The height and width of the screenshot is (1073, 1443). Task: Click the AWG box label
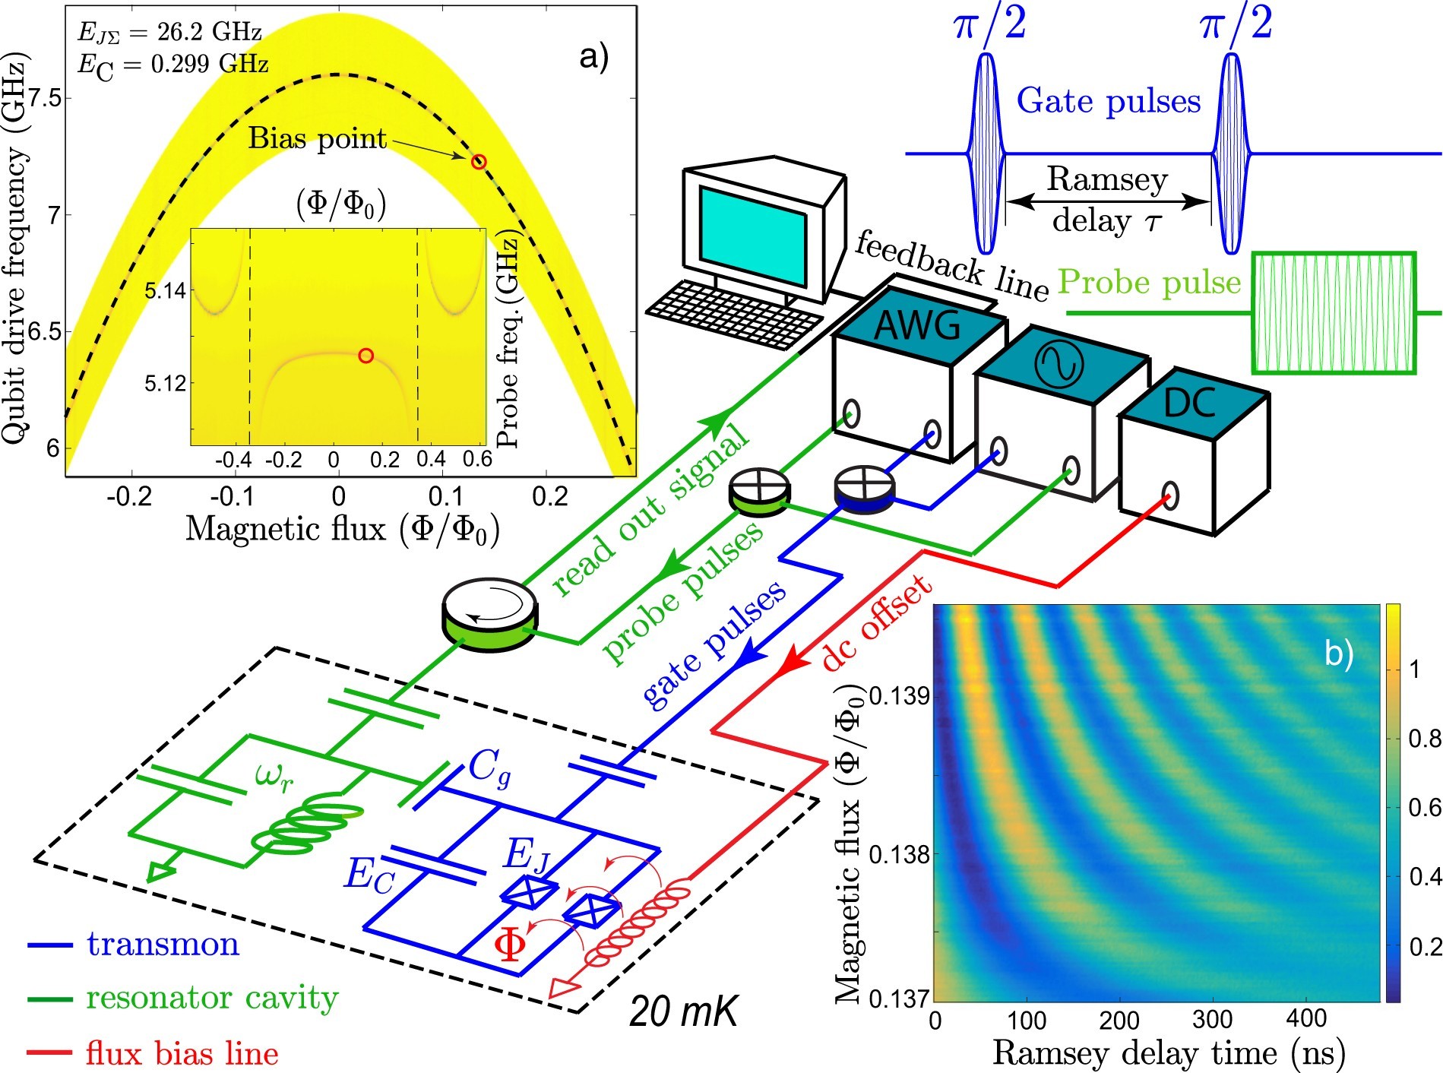point(917,326)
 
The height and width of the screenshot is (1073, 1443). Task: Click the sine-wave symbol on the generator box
point(1059,363)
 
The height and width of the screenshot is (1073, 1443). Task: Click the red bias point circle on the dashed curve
point(478,161)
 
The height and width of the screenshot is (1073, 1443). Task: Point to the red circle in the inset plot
point(366,355)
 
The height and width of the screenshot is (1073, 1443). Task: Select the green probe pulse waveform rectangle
point(1334,313)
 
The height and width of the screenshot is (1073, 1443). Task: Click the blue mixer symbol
point(864,486)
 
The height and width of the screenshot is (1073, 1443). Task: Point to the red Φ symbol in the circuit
point(509,945)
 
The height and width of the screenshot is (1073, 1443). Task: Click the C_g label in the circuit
point(489,768)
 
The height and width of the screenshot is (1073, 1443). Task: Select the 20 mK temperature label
point(683,1011)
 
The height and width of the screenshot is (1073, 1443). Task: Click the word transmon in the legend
point(163,945)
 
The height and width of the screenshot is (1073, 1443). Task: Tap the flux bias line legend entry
point(182,1053)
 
